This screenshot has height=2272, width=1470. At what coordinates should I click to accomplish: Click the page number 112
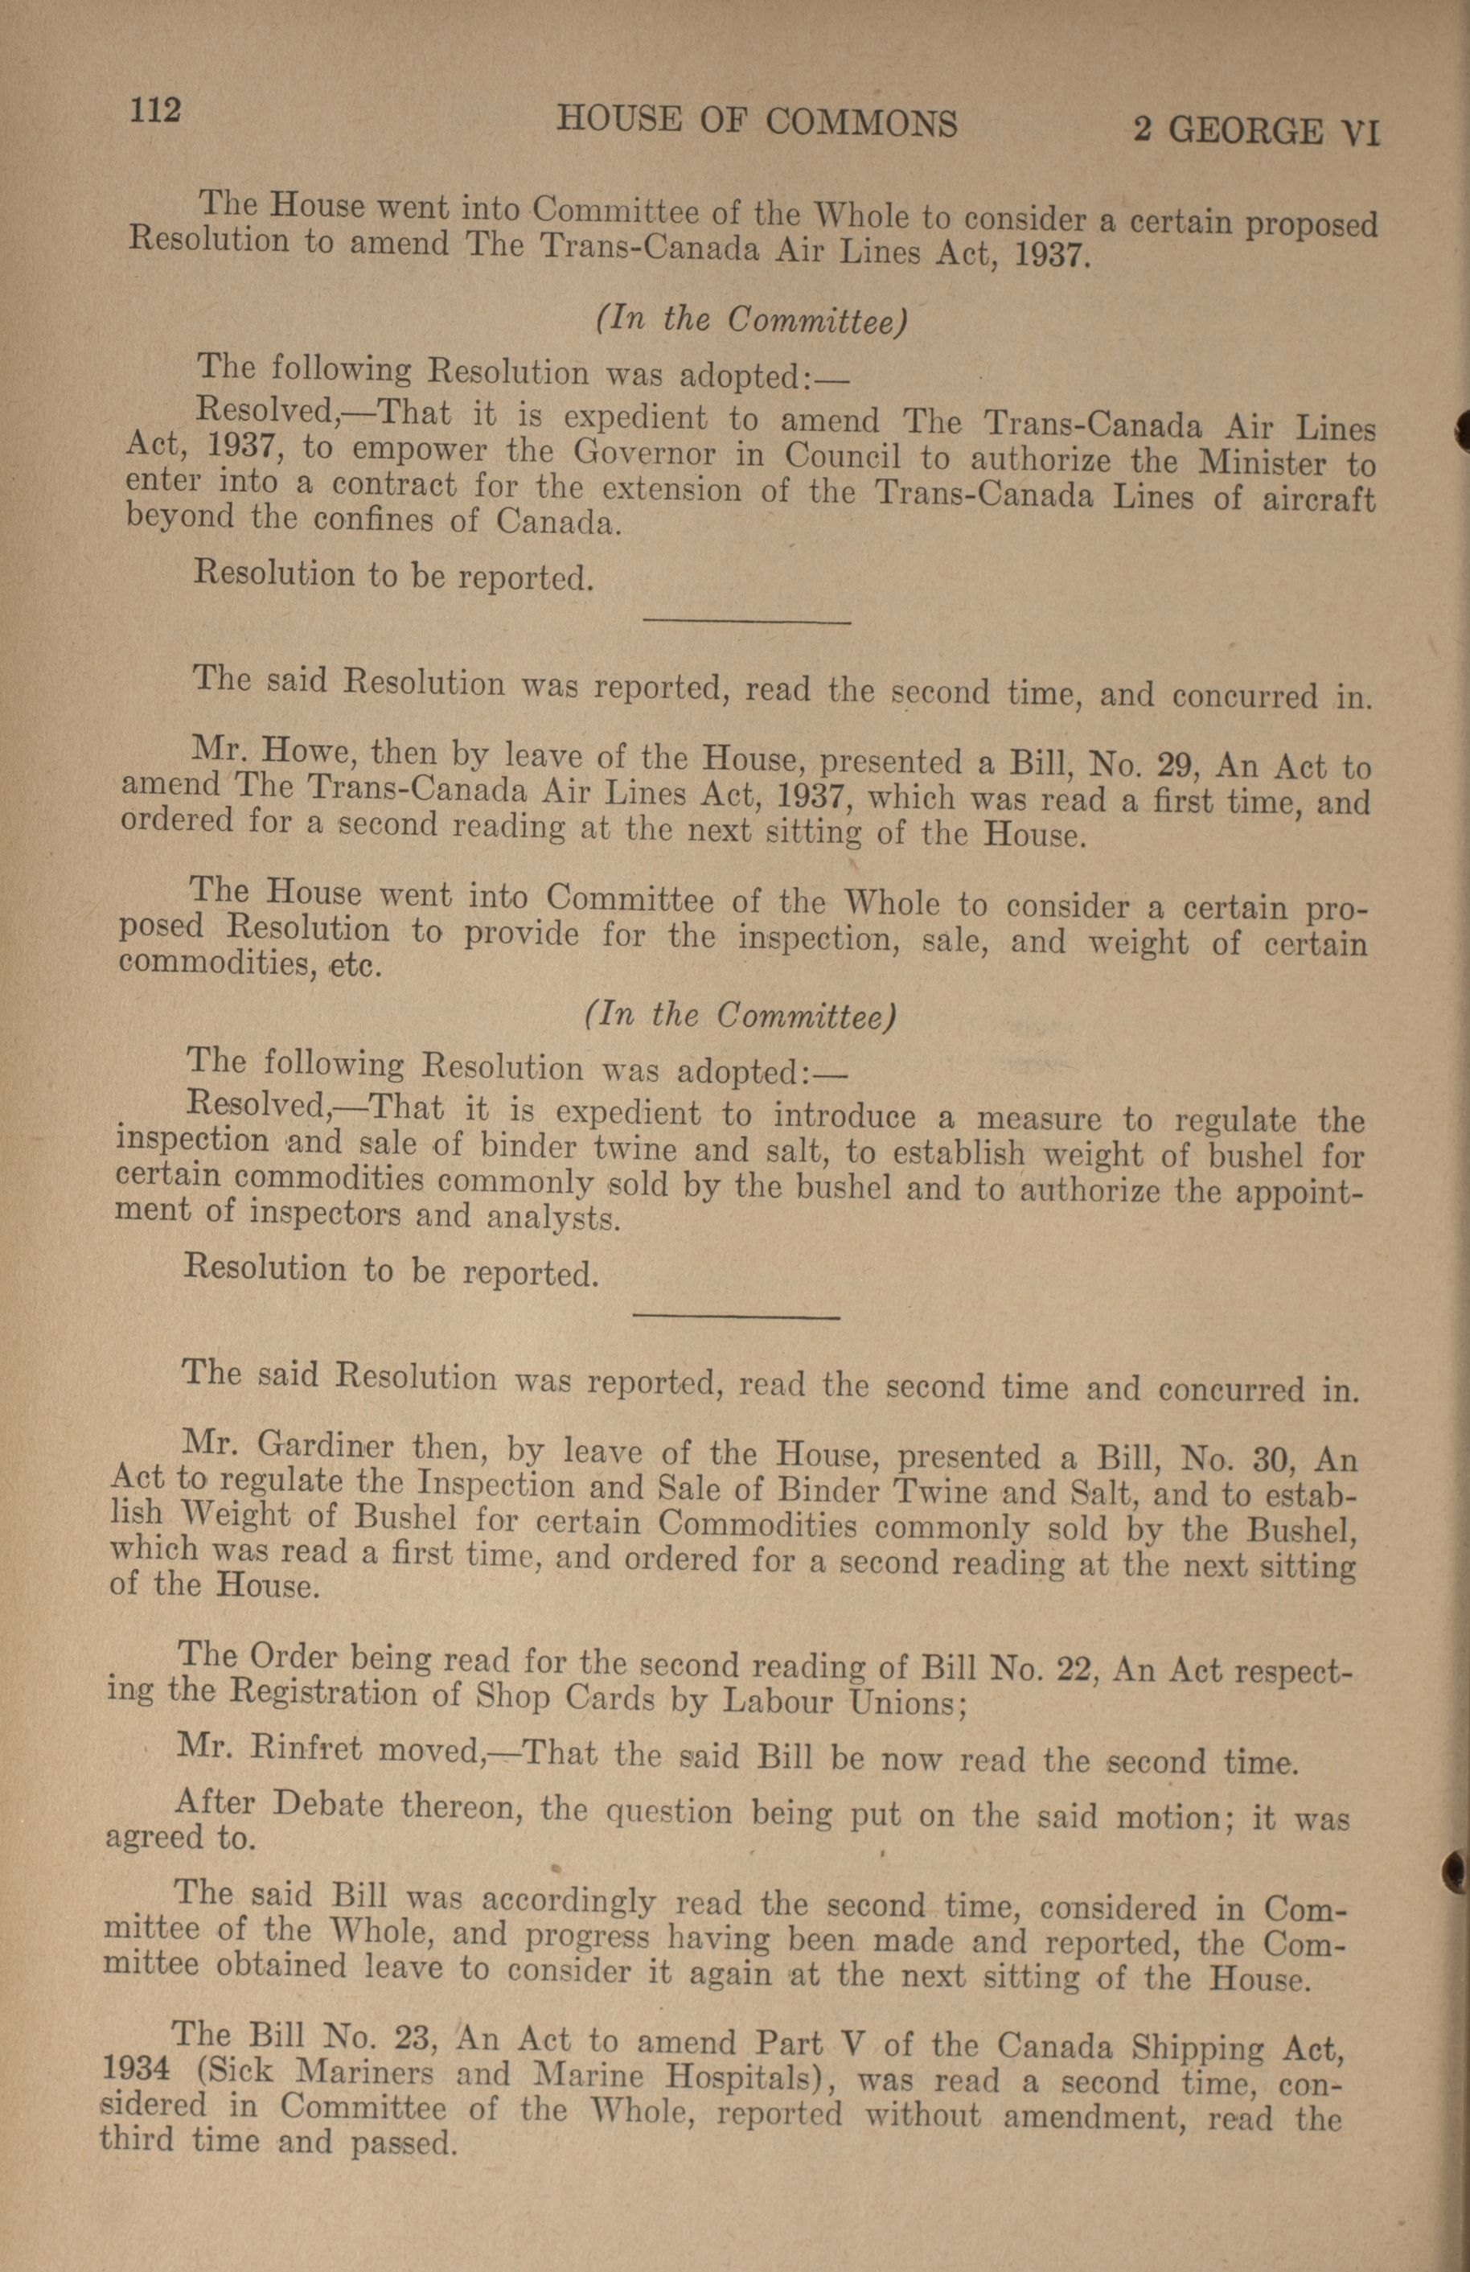tap(154, 112)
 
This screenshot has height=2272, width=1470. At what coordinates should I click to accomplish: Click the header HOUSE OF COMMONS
tap(756, 122)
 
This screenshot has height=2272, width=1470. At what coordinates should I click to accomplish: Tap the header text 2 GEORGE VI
tap(1256, 129)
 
